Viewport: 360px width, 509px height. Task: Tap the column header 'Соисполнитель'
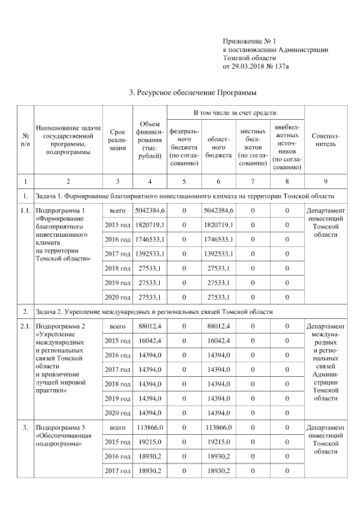pos(325,140)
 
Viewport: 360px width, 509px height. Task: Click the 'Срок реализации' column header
pos(117,140)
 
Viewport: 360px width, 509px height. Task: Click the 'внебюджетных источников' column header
pos(286,147)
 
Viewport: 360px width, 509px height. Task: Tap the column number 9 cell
pos(325,181)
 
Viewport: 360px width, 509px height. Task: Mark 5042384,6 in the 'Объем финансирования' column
pos(150,210)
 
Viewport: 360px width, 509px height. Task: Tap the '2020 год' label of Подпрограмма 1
pos(117,297)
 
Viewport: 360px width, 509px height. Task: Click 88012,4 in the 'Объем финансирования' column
pos(150,326)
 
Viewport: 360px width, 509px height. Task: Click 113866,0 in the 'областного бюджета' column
pos(219,427)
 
